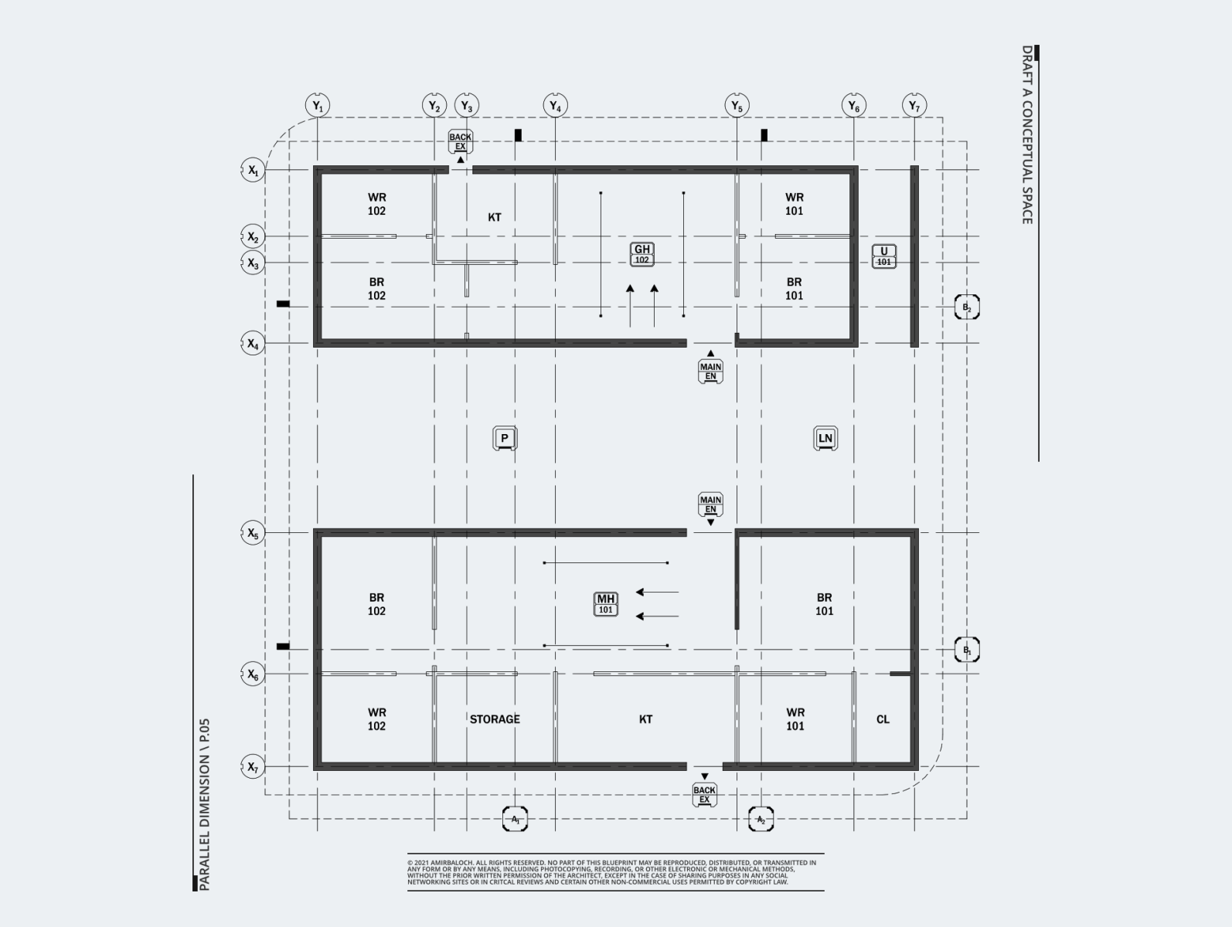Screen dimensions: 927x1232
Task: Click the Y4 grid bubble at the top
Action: point(555,105)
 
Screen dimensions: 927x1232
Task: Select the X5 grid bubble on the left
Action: point(253,533)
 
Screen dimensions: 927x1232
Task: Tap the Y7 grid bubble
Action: point(914,105)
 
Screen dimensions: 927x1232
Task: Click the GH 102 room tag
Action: point(642,254)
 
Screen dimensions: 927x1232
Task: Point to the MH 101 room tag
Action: point(606,604)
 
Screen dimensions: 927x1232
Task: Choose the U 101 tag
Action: point(884,256)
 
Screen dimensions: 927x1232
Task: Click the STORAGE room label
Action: point(495,719)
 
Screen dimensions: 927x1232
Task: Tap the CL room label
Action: point(883,719)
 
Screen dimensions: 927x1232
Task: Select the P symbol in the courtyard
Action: point(505,439)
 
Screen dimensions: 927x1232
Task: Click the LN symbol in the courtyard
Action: point(825,439)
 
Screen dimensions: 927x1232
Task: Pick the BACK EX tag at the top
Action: point(460,142)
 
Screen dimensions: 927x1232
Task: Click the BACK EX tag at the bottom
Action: point(704,794)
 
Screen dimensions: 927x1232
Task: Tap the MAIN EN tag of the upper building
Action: point(710,372)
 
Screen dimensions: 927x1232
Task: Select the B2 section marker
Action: point(966,307)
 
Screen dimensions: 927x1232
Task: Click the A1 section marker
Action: point(516,819)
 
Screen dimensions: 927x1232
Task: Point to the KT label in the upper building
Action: point(495,218)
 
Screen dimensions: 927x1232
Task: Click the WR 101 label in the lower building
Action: point(795,719)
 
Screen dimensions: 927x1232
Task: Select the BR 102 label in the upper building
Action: point(376,289)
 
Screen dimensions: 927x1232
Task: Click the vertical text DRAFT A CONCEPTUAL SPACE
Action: point(1027,135)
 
